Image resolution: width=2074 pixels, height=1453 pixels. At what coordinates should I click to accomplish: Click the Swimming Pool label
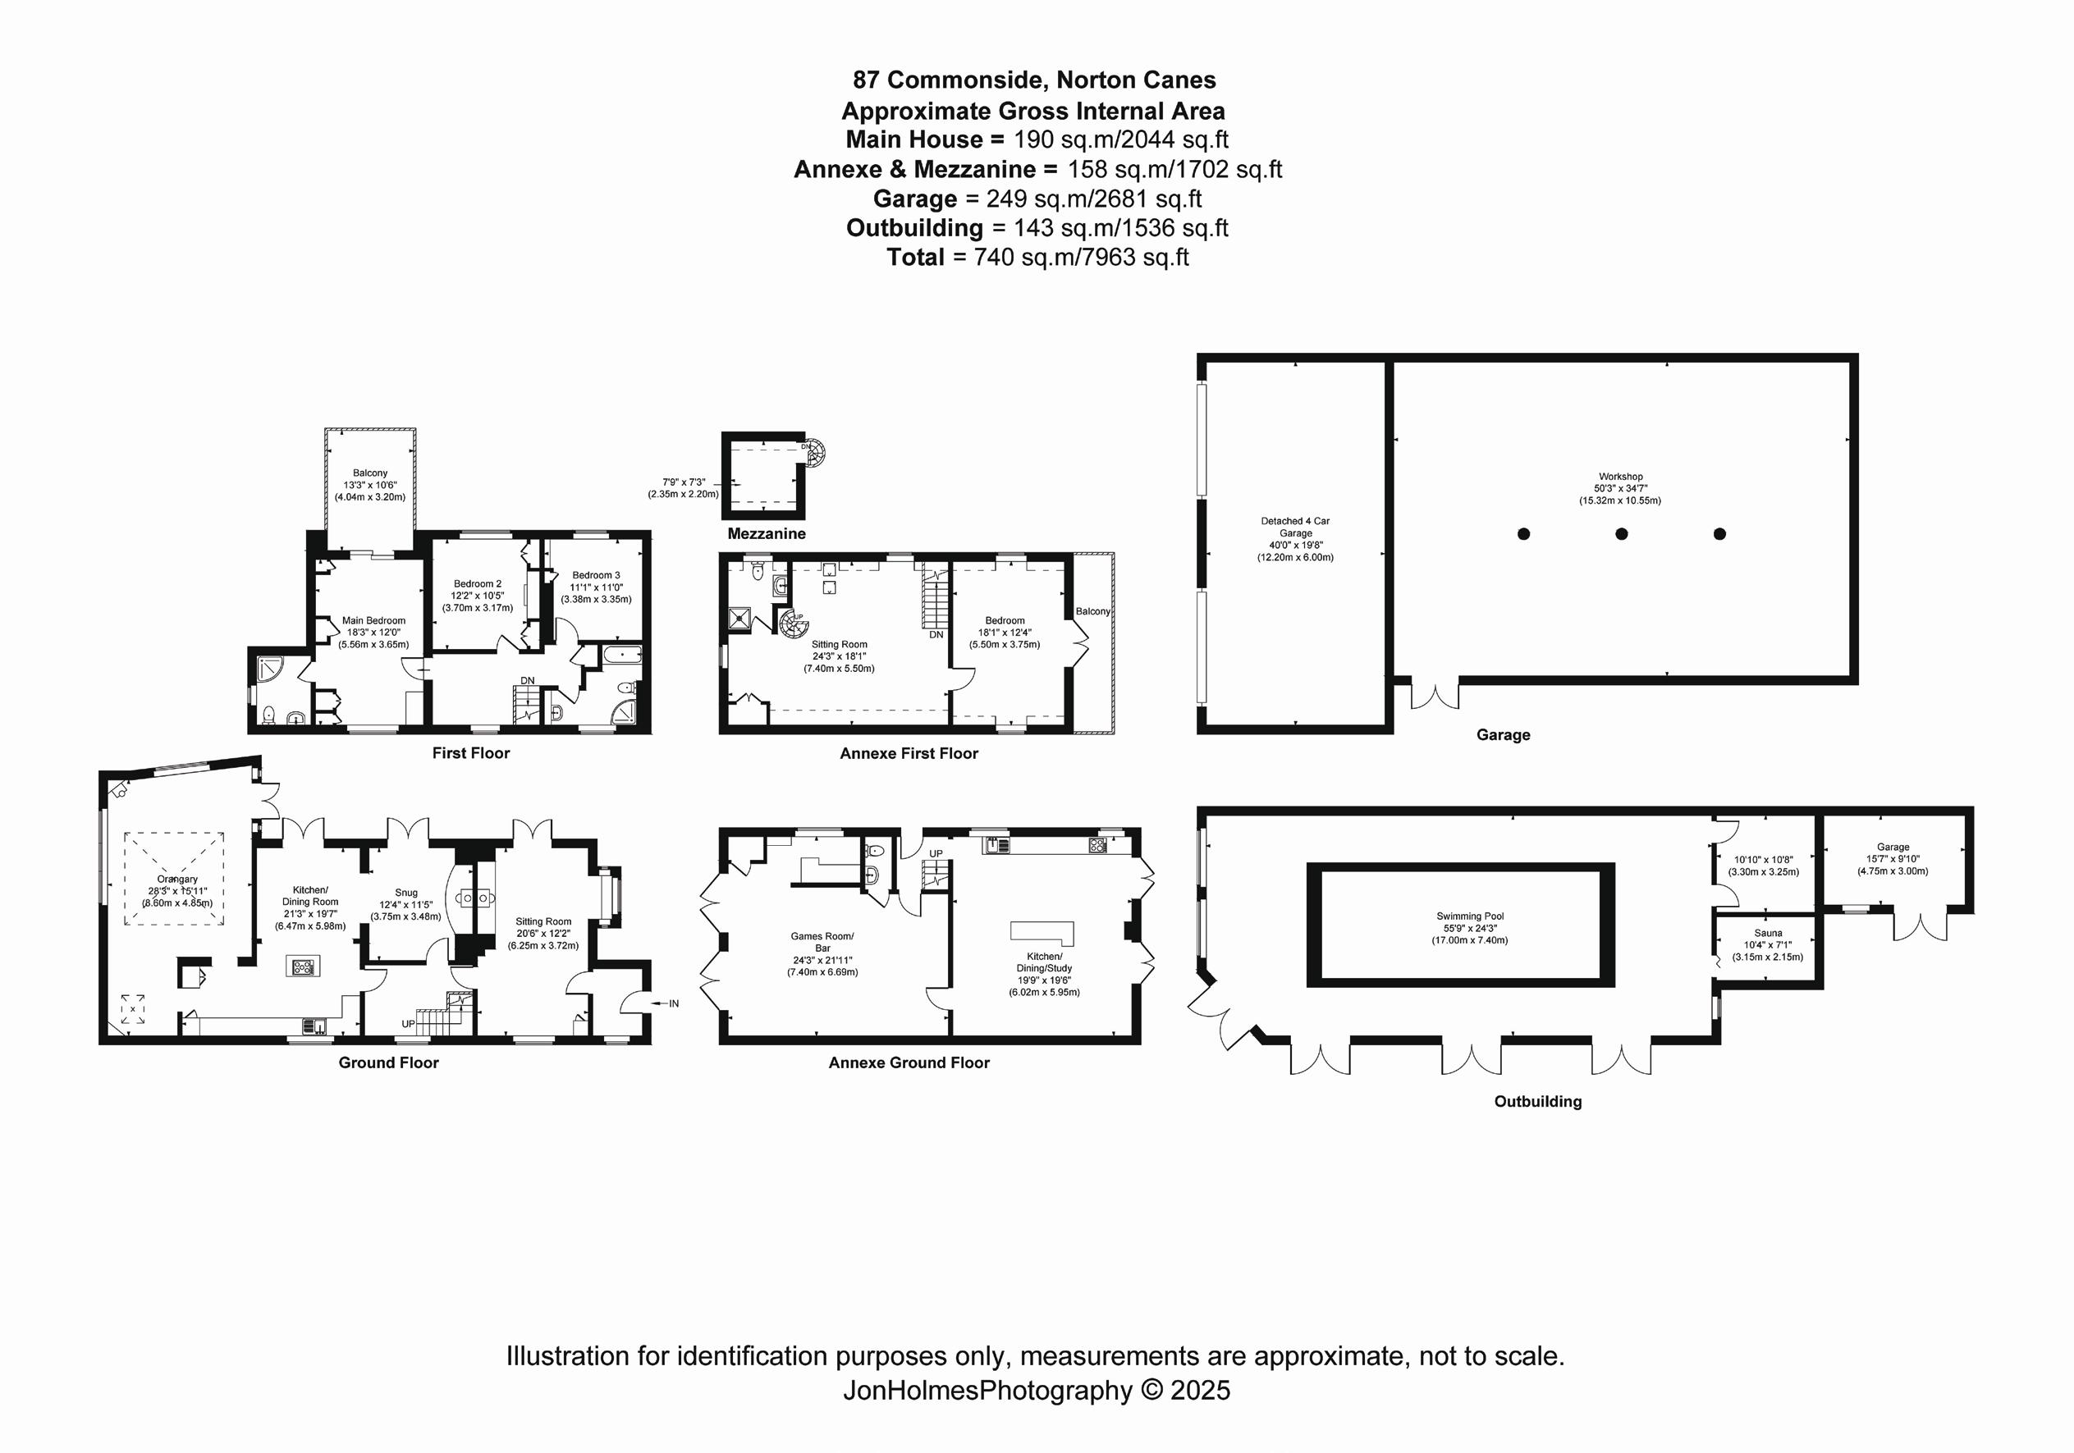point(1470,916)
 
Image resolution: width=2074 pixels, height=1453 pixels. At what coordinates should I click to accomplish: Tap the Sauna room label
point(1768,933)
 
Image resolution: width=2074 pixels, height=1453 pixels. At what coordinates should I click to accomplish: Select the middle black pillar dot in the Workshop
point(1622,534)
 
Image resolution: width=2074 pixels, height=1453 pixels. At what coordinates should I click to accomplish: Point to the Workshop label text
point(1620,476)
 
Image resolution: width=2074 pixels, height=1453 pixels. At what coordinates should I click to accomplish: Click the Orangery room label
point(177,879)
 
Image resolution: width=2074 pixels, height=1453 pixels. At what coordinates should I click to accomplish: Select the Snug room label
point(405,892)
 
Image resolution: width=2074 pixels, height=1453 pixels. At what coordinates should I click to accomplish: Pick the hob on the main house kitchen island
point(303,967)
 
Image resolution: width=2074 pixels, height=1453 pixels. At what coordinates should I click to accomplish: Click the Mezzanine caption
point(766,534)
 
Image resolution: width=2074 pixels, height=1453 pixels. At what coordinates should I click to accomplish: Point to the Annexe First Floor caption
point(909,753)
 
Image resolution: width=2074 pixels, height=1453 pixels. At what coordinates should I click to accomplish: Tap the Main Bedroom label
point(373,620)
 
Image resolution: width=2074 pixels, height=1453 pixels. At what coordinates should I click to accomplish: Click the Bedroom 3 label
point(596,575)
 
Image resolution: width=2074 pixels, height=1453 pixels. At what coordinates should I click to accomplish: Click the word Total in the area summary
point(915,258)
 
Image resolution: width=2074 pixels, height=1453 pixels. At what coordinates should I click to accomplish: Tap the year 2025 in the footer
point(1200,1390)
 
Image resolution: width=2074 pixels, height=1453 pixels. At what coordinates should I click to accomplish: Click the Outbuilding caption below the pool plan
point(1537,1101)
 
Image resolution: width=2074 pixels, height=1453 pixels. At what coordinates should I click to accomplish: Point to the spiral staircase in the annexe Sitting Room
point(793,623)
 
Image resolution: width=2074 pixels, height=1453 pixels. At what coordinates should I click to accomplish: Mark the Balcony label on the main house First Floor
point(370,473)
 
